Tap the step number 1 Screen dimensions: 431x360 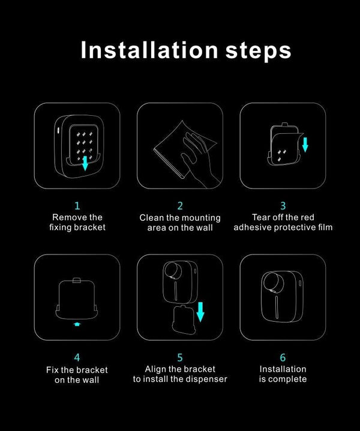pyautogui.click(x=77, y=206)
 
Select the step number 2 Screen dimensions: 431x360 pyautogui.click(x=180, y=206)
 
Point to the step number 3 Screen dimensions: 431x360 pyautogui.click(x=283, y=206)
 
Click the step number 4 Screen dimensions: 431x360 pyautogui.click(x=77, y=358)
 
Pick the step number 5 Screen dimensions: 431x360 pyautogui.click(x=180, y=358)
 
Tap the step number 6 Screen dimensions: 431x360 pyautogui.click(x=283, y=358)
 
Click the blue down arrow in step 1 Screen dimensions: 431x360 pyautogui.click(x=85, y=163)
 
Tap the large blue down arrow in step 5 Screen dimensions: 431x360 pyautogui.click(x=200, y=312)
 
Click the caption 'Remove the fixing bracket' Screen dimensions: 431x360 pyautogui.click(x=77, y=222)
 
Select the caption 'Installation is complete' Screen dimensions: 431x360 pyautogui.click(x=283, y=374)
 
